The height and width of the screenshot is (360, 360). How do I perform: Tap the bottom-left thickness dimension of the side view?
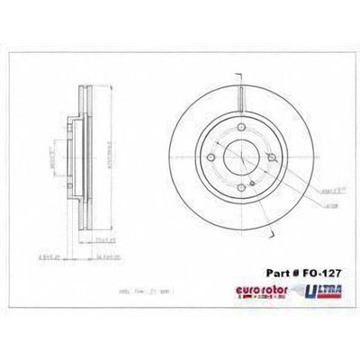coord(61,256)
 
